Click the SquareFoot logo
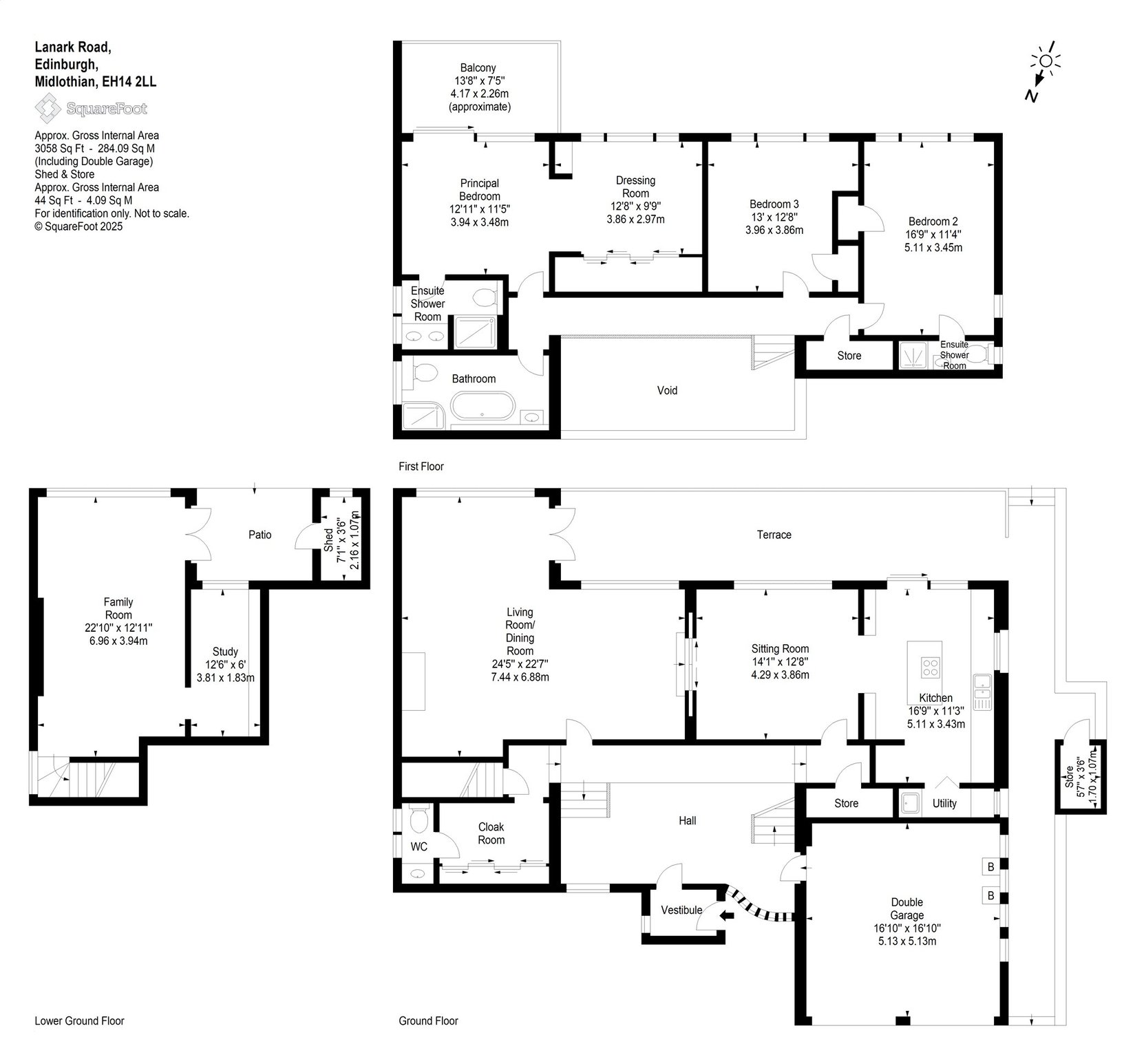tap(91, 108)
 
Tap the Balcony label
tap(478, 67)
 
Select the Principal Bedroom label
tap(480, 189)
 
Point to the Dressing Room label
tap(635, 186)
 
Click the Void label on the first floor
tap(667, 390)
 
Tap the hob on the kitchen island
tap(931, 667)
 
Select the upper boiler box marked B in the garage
tap(990, 866)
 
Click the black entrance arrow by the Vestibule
tap(725, 915)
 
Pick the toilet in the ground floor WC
tap(417, 820)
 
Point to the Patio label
tap(260, 534)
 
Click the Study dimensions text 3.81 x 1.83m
tap(225, 677)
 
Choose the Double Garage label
tap(906, 908)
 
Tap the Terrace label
tap(774, 534)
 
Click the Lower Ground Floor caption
tap(79, 1021)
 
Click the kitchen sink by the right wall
tap(982, 692)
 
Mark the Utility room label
tap(944, 803)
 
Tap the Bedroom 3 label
tap(774, 204)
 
